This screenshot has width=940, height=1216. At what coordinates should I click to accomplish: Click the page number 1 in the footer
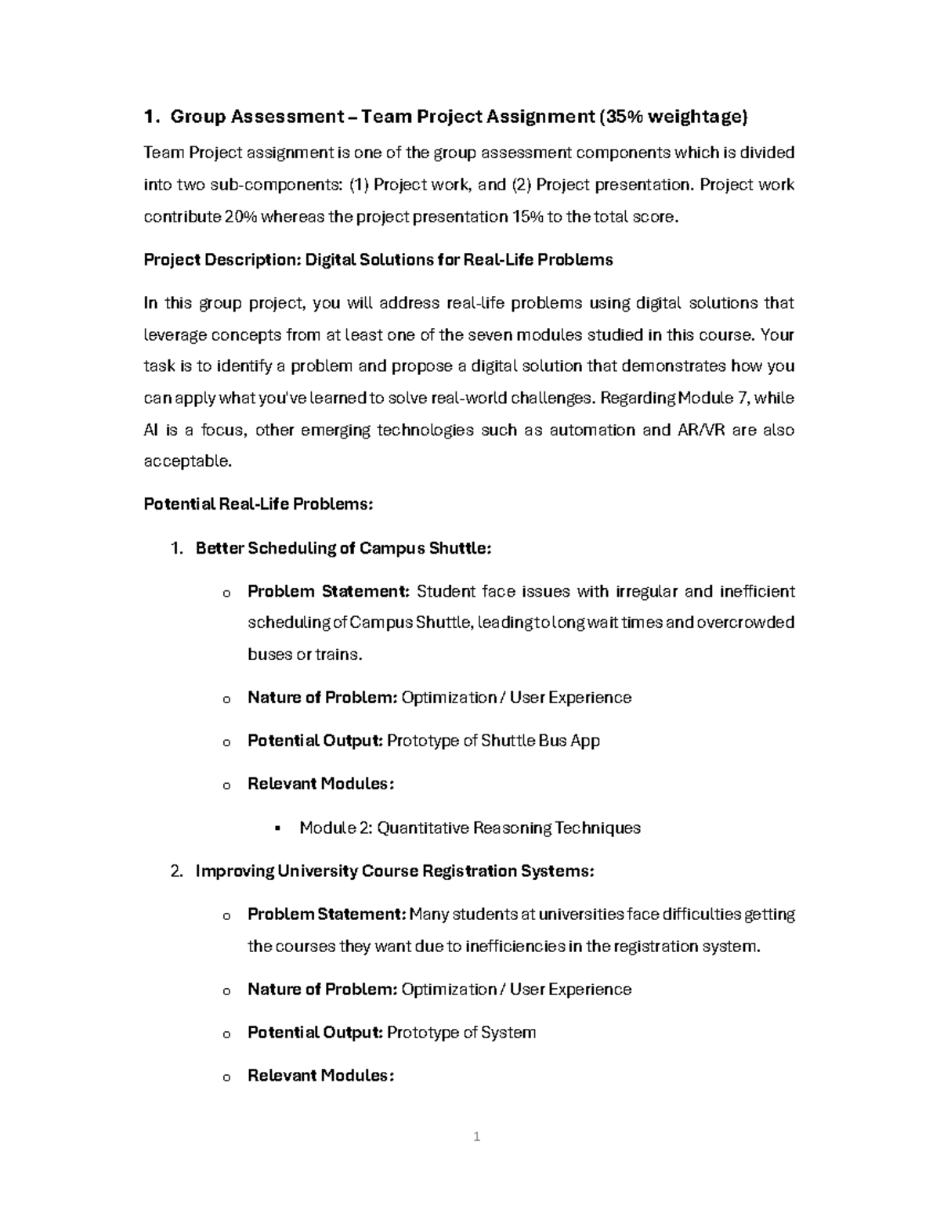[476, 1136]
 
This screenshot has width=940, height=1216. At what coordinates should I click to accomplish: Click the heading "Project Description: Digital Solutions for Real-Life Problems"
[378, 260]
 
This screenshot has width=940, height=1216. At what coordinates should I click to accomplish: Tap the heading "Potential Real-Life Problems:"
[258, 504]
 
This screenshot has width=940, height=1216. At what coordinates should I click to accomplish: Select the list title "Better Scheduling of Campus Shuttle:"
[343, 548]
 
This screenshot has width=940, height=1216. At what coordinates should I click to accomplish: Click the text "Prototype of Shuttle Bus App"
[493, 741]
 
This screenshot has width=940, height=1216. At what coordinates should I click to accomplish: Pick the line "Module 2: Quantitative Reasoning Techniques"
[470, 828]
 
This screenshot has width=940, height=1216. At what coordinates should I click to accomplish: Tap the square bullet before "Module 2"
[278, 828]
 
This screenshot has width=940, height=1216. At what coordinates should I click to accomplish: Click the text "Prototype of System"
[461, 1033]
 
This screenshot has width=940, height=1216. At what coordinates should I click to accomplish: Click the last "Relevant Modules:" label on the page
[320, 1076]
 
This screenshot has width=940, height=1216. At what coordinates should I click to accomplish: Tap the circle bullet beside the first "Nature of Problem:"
[226, 699]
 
